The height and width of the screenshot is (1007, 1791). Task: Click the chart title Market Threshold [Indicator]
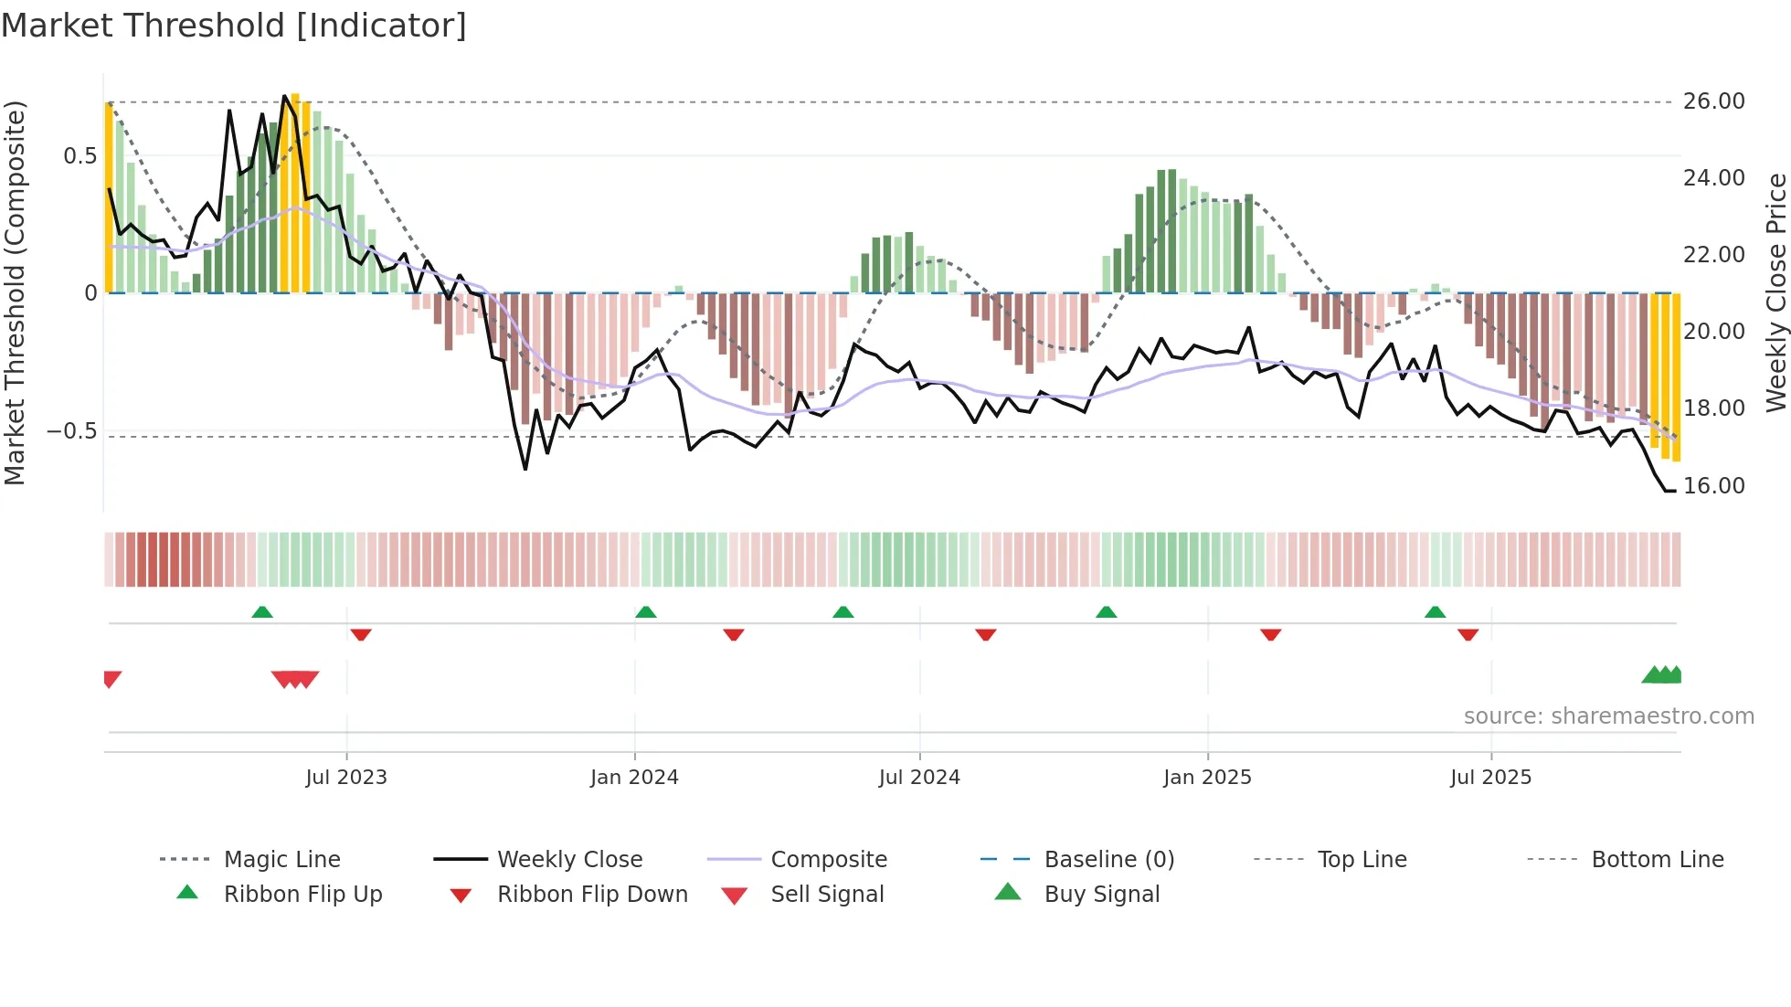tap(234, 26)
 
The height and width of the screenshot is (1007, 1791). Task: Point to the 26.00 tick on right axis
tap(1713, 101)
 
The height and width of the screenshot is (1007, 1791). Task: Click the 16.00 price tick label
tap(1713, 486)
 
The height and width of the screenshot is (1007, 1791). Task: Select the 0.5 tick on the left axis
tap(79, 156)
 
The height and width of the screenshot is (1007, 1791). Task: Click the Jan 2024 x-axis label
tap(634, 778)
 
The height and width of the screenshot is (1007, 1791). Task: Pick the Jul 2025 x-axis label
tap(1490, 778)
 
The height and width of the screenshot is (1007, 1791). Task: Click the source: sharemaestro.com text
tap(1608, 716)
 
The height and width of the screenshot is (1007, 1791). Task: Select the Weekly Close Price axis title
tap(1775, 292)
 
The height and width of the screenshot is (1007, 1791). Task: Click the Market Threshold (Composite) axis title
tap(15, 292)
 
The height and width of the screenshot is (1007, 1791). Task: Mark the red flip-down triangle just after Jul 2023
tap(361, 634)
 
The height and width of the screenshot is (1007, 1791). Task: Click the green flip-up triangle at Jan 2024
tap(646, 611)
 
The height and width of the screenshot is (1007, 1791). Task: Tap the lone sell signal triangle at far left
tap(111, 678)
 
